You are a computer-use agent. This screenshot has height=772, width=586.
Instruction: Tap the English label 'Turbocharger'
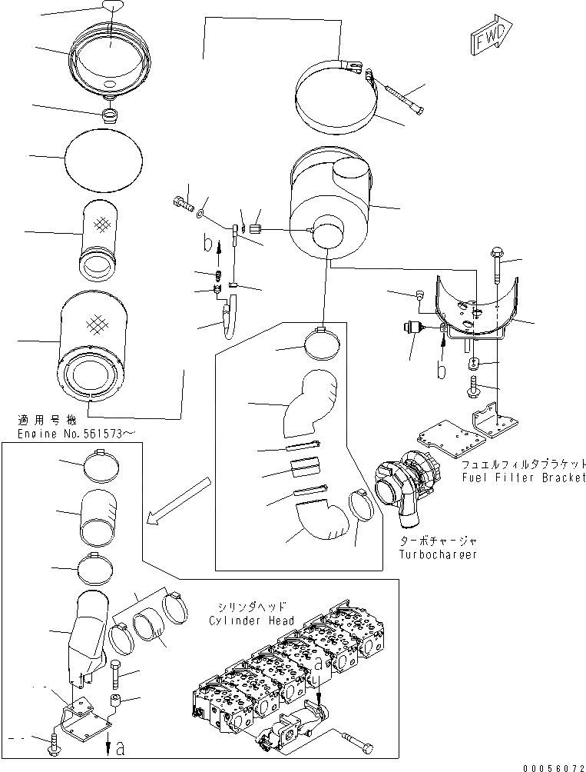tap(438, 554)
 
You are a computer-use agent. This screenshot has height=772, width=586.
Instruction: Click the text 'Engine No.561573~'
tap(77, 434)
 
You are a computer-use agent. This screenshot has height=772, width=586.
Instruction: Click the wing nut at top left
tap(112, 7)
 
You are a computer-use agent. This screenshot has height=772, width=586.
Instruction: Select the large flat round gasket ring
tap(104, 158)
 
